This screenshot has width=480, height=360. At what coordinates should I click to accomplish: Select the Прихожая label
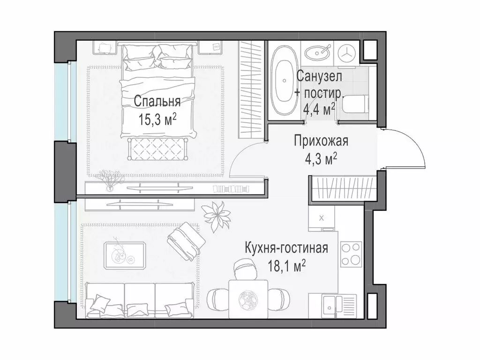pyautogui.click(x=321, y=140)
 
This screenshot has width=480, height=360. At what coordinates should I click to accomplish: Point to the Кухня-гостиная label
pyautogui.click(x=286, y=248)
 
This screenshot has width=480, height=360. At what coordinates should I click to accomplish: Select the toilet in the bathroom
pyautogui.click(x=354, y=107)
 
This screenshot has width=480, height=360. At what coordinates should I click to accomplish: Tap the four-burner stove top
pyautogui.click(x=351, y=254)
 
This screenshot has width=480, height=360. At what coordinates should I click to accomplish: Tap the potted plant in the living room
pyautogui.click(x=217, y=216)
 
